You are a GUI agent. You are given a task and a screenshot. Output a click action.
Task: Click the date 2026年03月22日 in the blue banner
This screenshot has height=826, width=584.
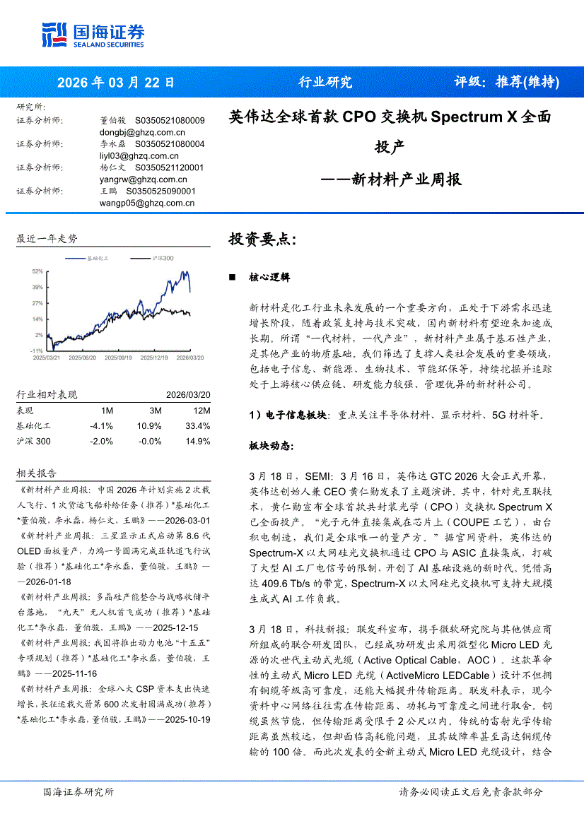116,82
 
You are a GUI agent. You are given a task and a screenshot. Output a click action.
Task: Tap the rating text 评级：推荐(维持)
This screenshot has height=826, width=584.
506,82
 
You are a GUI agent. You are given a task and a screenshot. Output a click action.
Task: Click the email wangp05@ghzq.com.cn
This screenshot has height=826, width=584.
147,203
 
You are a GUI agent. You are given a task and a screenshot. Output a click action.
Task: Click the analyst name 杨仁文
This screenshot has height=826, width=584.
112,167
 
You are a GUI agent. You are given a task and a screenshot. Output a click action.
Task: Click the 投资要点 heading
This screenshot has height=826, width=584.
262,239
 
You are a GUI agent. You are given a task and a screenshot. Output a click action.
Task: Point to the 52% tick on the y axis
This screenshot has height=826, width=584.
37,271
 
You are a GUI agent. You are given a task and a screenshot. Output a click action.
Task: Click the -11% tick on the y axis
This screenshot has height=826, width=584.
37,350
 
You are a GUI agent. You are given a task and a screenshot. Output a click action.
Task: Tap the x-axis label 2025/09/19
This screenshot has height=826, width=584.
118,358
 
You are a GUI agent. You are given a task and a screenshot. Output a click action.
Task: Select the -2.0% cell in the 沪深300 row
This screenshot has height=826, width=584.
102,442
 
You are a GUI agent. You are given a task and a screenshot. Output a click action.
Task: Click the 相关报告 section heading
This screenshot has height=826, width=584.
36,473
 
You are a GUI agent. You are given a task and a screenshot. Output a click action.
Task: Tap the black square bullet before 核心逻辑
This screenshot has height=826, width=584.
232,278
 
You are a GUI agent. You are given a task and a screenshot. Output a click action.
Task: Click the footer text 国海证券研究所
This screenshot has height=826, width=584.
78,792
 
